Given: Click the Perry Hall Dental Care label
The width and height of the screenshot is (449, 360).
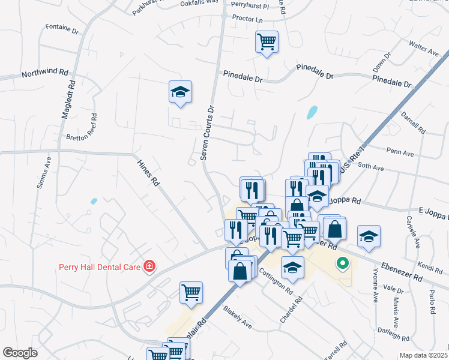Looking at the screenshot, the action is click(100, 266).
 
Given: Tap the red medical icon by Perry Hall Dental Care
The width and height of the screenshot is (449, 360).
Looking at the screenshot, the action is click(148, 266).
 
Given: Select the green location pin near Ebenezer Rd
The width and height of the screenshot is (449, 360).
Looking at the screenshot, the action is click(342, 263).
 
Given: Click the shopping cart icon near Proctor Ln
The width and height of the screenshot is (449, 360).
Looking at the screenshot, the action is click(267, 42).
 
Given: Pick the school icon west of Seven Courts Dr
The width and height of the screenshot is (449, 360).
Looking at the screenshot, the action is click(180, 92).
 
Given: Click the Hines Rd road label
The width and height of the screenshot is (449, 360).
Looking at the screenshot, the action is click(148, 173).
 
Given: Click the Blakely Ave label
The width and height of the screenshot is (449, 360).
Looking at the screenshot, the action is click(237, 317).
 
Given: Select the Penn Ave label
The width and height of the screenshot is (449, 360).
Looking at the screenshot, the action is click(400, 154).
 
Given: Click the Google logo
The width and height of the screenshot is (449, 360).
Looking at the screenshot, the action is click(20, 353).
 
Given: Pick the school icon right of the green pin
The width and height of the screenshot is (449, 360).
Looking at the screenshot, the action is click(369, 237).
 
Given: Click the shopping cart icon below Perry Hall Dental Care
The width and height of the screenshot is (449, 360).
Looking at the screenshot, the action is click(191, 293).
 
